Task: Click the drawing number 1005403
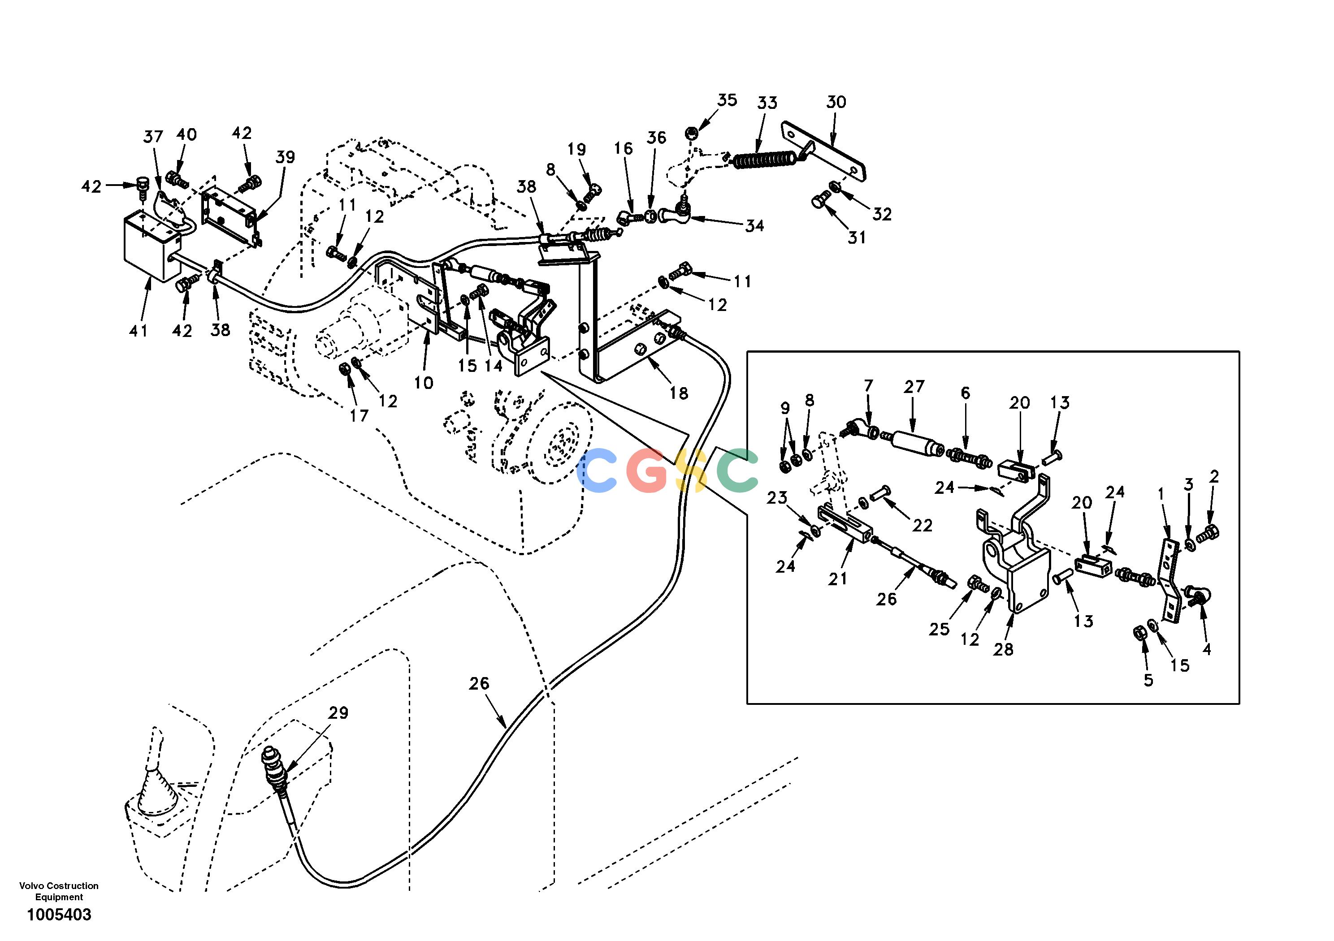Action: [x=59, y=915]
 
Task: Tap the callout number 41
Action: [x=138, y=331]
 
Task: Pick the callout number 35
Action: [x=727, y=100]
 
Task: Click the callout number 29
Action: [x=338, y=713]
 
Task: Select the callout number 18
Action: [x=679, y=393]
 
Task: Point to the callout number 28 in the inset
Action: [x=1003, y=649]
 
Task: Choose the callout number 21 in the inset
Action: [x=837, y=578]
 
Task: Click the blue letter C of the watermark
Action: [x=598, y=470]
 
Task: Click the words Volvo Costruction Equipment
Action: [x=59, y=892]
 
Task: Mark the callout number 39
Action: [x=285, y=157]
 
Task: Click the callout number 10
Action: [x=424, y=383]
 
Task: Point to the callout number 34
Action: [x=755, y=226]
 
